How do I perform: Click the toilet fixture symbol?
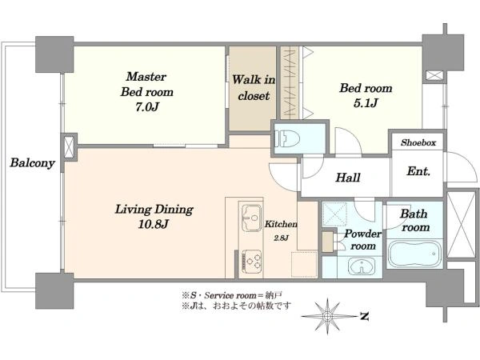tap(283, 138)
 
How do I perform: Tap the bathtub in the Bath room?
tap(414, 254)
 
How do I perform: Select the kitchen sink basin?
tap(252, 218)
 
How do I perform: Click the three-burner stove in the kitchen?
tap(252, 261)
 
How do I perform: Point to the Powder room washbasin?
tap(362, 266)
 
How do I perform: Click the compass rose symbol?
tap(327, 316)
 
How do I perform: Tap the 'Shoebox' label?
tap(418, 142)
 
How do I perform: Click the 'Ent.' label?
tap(418, 171)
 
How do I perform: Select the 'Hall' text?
tap(348, 178)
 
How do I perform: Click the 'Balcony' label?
tap(32, 162)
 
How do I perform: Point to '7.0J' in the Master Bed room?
tap(147, 107)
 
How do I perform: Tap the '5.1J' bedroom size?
tap(366, 103)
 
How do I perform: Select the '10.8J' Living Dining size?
tap(153, 224)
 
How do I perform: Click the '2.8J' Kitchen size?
tap(281, 238)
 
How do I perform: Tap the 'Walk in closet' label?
tap(254, 88)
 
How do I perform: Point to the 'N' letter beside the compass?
tap(364, 316)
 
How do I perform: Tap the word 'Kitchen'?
tap(281, 224)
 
